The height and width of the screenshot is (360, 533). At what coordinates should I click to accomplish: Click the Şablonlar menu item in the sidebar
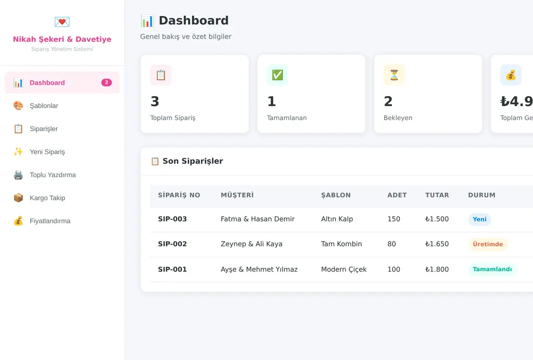(62, 106)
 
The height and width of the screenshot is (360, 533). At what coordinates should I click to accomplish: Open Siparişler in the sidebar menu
(62, 129)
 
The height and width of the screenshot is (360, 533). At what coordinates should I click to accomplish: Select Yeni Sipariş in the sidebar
(62, 152)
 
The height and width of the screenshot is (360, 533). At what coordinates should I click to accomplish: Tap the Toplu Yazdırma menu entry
(62, 175)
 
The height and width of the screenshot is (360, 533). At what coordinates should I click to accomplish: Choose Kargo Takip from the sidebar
(62, 198)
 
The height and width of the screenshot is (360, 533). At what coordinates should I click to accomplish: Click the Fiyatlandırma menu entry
(62, 221)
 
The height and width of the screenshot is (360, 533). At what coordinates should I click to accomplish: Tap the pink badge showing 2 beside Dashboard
(106, 83)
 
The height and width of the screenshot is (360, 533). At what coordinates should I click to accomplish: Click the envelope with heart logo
(62, 22)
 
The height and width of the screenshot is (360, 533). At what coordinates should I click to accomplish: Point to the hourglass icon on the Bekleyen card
(394, 75)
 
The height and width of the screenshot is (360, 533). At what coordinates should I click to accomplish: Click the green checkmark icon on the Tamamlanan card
(278, 75)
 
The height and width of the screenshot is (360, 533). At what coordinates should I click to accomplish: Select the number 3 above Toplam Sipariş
(155, 101)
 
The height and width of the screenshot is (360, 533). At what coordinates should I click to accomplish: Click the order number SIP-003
(172, 219)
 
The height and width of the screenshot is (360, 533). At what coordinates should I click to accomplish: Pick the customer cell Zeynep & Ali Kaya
(251, 244)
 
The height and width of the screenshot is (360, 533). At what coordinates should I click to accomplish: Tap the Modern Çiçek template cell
(344, 269)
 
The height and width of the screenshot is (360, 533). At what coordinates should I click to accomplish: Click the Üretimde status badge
(488, 244)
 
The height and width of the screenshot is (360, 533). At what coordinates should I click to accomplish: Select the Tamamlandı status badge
(492, 269)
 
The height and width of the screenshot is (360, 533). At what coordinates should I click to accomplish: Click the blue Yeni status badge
(479, 219)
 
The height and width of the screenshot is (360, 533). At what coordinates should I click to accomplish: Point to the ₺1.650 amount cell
(437, 244)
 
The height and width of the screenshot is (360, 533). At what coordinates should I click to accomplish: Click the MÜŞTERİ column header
(237, 195)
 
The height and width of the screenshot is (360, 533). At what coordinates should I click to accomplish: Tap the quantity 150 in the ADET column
(394, 219)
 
